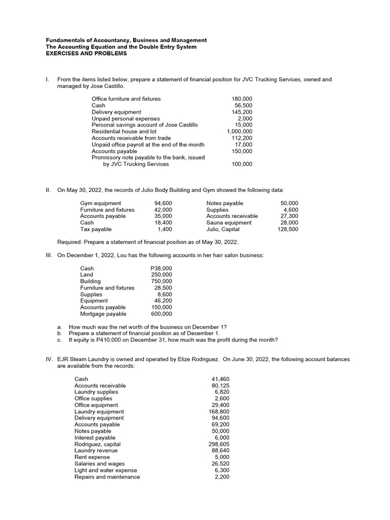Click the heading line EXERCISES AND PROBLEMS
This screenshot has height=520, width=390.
[86, 53]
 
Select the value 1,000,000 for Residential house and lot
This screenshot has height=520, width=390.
[239, 132]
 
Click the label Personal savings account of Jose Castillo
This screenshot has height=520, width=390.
[145, 125]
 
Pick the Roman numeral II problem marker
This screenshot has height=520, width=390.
[48, 190]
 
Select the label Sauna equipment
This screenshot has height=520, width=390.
[229, 222]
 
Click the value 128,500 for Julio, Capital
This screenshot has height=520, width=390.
[288, 229]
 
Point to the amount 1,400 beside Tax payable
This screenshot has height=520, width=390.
[164, 229]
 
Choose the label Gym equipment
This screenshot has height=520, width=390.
[101, 203]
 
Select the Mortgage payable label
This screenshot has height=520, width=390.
[103, 314]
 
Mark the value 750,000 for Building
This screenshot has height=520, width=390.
[161, 281]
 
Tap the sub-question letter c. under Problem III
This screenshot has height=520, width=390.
[59, 340]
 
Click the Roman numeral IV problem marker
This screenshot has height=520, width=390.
[49, 359]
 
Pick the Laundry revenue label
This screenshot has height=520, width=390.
[96, 450]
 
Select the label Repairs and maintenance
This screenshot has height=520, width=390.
[107, 477]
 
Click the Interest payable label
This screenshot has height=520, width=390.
[95, 438]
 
